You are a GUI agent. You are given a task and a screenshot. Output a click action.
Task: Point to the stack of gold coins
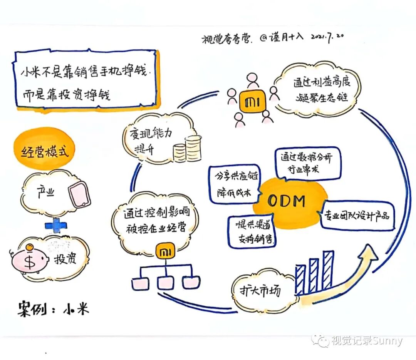(188, 149)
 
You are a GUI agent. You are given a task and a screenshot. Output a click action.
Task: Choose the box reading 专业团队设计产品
(356, 216)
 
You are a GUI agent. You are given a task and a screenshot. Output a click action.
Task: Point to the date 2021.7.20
(327, 37)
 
